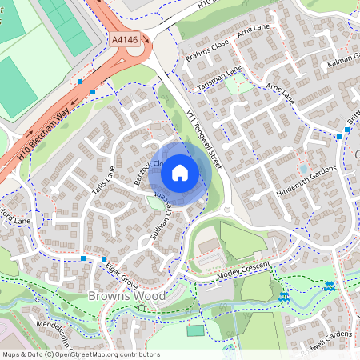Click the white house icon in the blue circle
tap(180, 171)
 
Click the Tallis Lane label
tap(103, 183)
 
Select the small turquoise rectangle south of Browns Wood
tap(195, 330)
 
